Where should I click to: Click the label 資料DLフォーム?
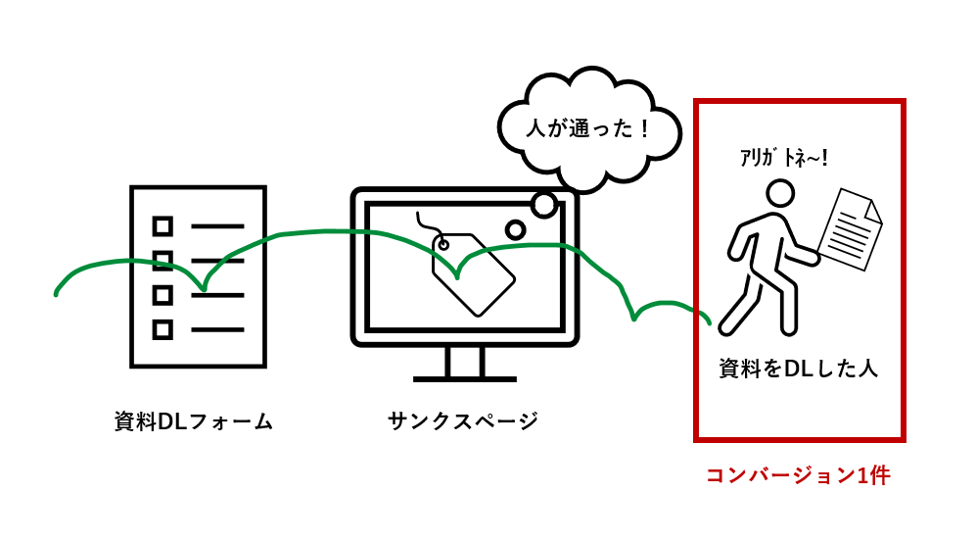pyautogui.click(x=193, y=421)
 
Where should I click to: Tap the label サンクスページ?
pyautogui.click(x=463, y=421)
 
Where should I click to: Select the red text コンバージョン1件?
pyautogui.click(x=798, y=475)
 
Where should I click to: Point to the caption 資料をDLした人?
pyautogui.click(x=798, y=369)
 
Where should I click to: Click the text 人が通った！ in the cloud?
pyautogui.click(x=588, y=127)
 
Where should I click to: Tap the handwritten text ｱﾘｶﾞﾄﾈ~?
pyautogui.click(x=784, y=159)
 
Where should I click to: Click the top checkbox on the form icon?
pyautogui.click(x=163, y=226)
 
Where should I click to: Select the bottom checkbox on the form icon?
pyautogui.click(x=163, y=329)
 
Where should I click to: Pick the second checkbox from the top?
pyautogui.click(x=163, y=261)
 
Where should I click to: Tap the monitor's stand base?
pyautogui.click(x=464, y=378)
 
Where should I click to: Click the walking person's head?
pyautogui.click(x=780, y=193)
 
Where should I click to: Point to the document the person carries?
pyautogui.click(x=849, y=230)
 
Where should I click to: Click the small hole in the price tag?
pyautogui.click(x=443, y=244)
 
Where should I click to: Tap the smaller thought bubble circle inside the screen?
pyautogui.click(x=515, y=229)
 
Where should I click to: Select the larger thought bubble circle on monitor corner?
pyautogui.click(x=544, y=204)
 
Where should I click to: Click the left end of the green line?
pyautogui.click(x=57, y=292)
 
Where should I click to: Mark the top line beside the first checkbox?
pyautogui.click(x=217, y=226)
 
